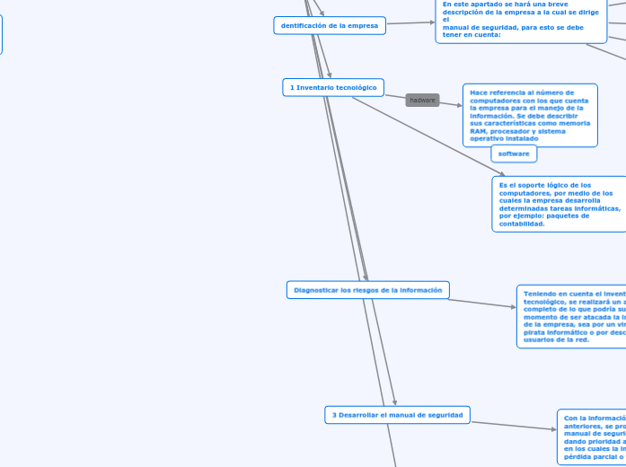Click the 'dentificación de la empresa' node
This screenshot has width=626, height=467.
pos(330,25)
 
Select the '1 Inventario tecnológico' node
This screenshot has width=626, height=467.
pos(333,87)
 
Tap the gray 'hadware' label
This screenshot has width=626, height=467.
pos(422,100)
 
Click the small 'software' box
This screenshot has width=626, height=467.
pos(514,154)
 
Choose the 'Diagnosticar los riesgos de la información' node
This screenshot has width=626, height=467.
pos(368,290)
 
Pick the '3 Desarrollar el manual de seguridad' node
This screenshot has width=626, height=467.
pos(397,415)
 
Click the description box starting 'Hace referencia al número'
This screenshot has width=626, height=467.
pos(530,115)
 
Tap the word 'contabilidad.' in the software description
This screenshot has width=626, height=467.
pos(522,224)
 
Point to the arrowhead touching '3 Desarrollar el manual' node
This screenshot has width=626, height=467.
pos(394,402)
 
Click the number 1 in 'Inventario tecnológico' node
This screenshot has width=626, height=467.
pos(293,87)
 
